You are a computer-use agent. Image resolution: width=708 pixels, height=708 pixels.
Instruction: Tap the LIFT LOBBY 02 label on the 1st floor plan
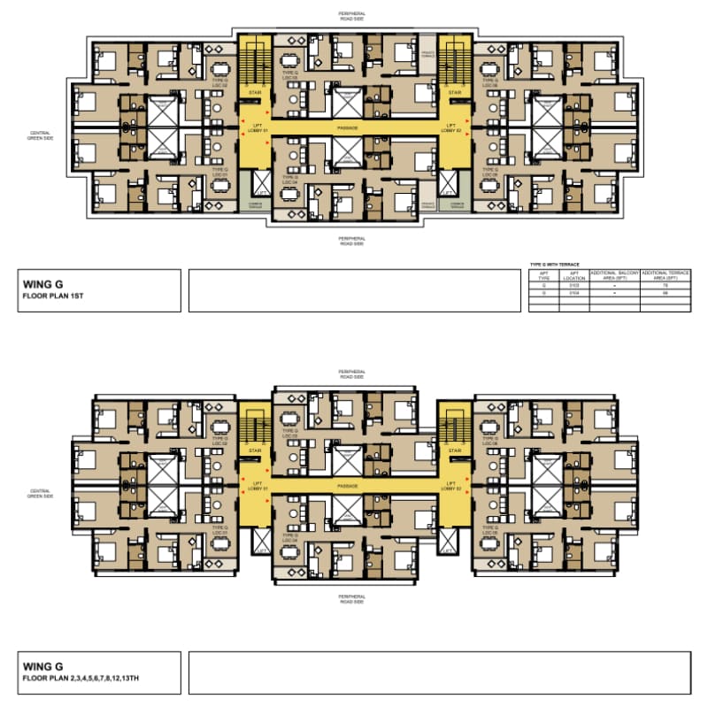tap(456, 128)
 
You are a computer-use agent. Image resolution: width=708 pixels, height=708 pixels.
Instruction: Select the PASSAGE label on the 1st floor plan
tap(348, 128)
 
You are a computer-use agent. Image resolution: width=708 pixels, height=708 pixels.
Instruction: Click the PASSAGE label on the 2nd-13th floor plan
tap(348, 485)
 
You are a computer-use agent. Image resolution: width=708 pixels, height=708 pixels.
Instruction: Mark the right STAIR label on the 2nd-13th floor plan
tap(456, 450)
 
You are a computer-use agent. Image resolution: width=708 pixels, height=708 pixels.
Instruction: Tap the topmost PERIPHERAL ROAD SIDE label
tap(351, 16)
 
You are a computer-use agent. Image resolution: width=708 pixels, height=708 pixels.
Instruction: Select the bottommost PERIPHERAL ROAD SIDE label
tap(351, 598)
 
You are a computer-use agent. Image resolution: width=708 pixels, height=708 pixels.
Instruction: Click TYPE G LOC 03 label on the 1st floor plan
tap(289, 76)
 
